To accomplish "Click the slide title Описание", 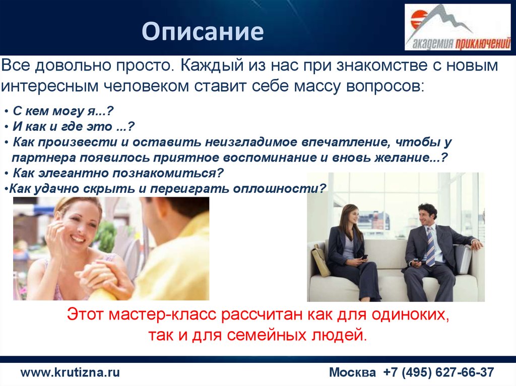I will (x=203, y=31).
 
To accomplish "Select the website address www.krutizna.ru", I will (x=70, y=372).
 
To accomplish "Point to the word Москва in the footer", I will (x=352, y=372).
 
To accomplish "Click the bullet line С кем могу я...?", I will (x=63, y=111).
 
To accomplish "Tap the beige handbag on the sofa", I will (x=320, y=259).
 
